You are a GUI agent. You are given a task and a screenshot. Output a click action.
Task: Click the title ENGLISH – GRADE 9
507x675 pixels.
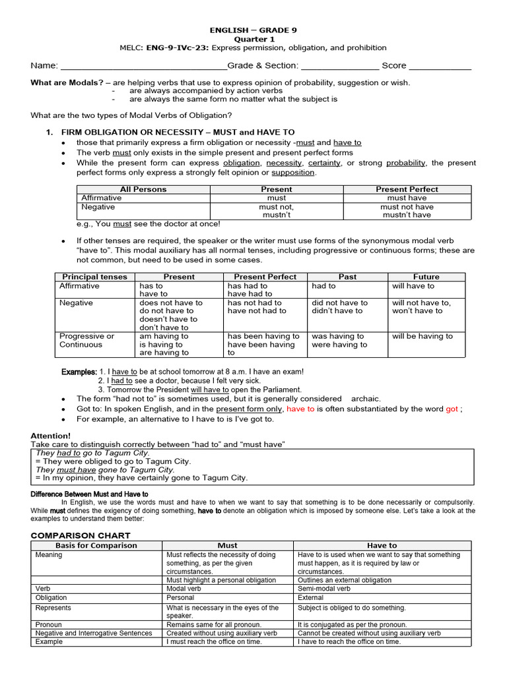point(253,30)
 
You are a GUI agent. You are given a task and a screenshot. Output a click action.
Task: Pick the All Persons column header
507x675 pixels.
point(143,189)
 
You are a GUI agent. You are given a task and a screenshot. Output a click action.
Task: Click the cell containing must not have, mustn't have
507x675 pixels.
point(407,210)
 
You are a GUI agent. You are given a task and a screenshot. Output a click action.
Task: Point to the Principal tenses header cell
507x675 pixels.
point(94,277)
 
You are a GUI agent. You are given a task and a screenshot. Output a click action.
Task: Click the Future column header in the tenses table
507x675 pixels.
point(426,277)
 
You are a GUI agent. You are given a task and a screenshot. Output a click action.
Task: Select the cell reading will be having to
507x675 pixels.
point(422,336)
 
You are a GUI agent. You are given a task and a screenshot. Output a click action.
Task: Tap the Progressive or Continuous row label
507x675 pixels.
point(86,340)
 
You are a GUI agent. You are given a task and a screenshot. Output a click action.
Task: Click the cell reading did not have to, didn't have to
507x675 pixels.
point(339,307)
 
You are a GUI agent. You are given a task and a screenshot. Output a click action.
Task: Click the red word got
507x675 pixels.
point(452,409)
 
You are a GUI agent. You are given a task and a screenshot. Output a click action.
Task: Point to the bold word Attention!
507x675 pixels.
point(51,436)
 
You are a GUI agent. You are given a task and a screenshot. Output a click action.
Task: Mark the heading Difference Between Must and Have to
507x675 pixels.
point(90,493)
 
